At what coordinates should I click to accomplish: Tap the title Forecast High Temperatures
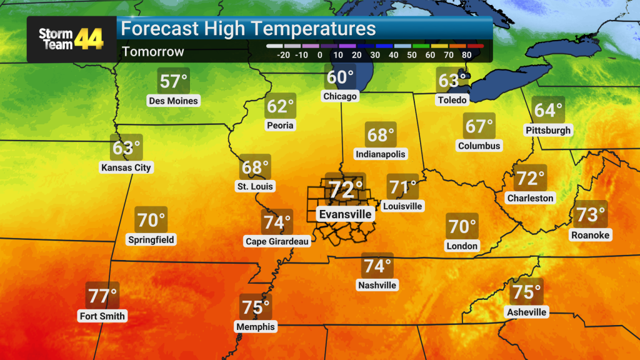[x=248, y=29]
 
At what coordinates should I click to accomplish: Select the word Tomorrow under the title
[x=153, y=52]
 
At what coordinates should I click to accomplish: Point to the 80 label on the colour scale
[x=466, y=55]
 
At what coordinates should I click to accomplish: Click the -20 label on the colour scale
[x=283, y=55]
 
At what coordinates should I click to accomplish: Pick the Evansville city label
[x=346, y=214]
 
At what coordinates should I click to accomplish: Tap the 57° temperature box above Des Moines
[x=174, y=82]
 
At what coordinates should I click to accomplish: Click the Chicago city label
[x=340, y=96]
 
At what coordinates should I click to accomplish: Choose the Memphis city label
[x=255, y=326]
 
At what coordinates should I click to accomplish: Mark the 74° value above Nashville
[x=377, y=266]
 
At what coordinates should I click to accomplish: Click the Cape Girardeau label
[x=277, y=241]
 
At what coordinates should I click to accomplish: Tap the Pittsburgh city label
[x=548, y=131]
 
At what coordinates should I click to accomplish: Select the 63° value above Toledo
[x=452, y=81]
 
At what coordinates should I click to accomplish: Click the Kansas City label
[x=126, y=167]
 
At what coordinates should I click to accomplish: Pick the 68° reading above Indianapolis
[x=381, y=135]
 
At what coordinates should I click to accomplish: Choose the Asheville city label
[x=527, y=312]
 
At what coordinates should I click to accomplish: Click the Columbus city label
[x=479, y=146]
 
